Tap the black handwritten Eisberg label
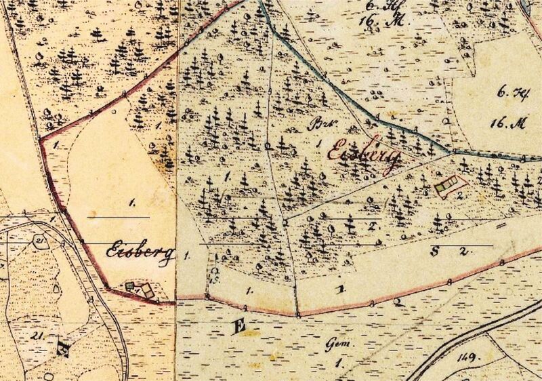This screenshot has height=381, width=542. (141, 251)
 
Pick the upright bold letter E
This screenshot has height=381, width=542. (238, 329)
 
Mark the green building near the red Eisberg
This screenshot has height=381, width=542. (444, 183)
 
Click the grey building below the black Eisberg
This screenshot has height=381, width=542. (129, 287)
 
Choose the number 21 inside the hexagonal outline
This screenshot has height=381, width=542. (41, 242)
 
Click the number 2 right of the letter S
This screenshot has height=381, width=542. (463, 251)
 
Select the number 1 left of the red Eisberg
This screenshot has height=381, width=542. (319, 144)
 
